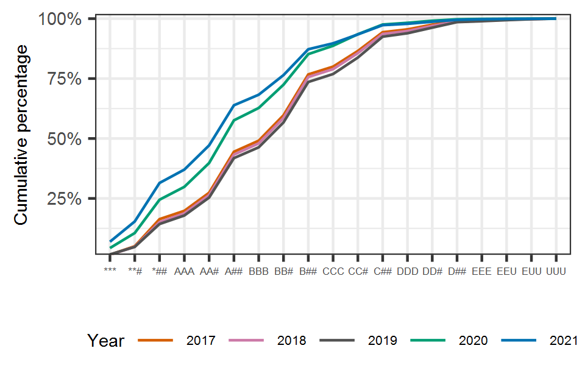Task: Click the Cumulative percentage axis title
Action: coord(21,139)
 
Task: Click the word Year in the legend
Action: coord(105,341)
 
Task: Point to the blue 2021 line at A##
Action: coord(234,105)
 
